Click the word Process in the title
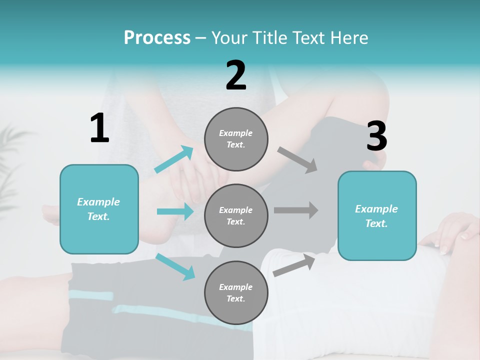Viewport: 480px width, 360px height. [157, 38]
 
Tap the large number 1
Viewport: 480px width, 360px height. [99, 128]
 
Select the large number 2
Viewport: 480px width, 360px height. [236, 75]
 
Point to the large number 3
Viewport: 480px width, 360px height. [376, 136]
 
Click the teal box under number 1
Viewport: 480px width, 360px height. [99, 209]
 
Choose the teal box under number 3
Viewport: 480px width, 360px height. [377, 216]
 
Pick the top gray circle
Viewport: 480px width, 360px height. [236, 139]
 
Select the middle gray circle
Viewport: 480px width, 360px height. [236, 216]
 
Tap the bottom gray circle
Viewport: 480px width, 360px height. [236, 293]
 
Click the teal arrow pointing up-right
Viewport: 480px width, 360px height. [174, 159]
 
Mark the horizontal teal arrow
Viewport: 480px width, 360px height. [175, 211]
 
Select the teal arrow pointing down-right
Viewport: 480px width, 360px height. [175, 266]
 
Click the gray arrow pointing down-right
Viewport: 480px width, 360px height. [297, 159]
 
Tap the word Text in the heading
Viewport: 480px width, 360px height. [307, 38]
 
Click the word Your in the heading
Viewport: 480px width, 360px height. [229, 38]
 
